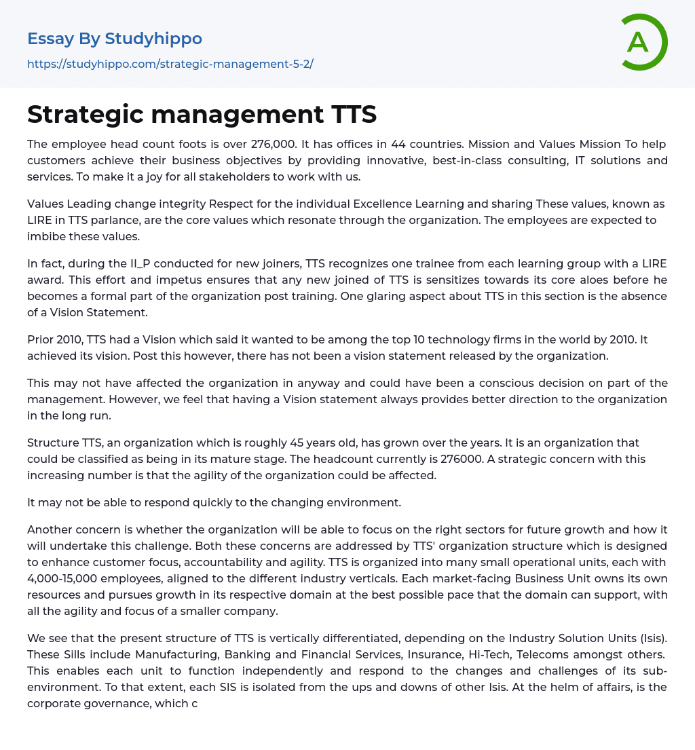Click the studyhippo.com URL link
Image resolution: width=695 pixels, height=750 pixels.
pyautogui.click(x=170, y=64)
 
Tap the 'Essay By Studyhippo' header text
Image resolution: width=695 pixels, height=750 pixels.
pyautogui.click(x=115, y=39)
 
